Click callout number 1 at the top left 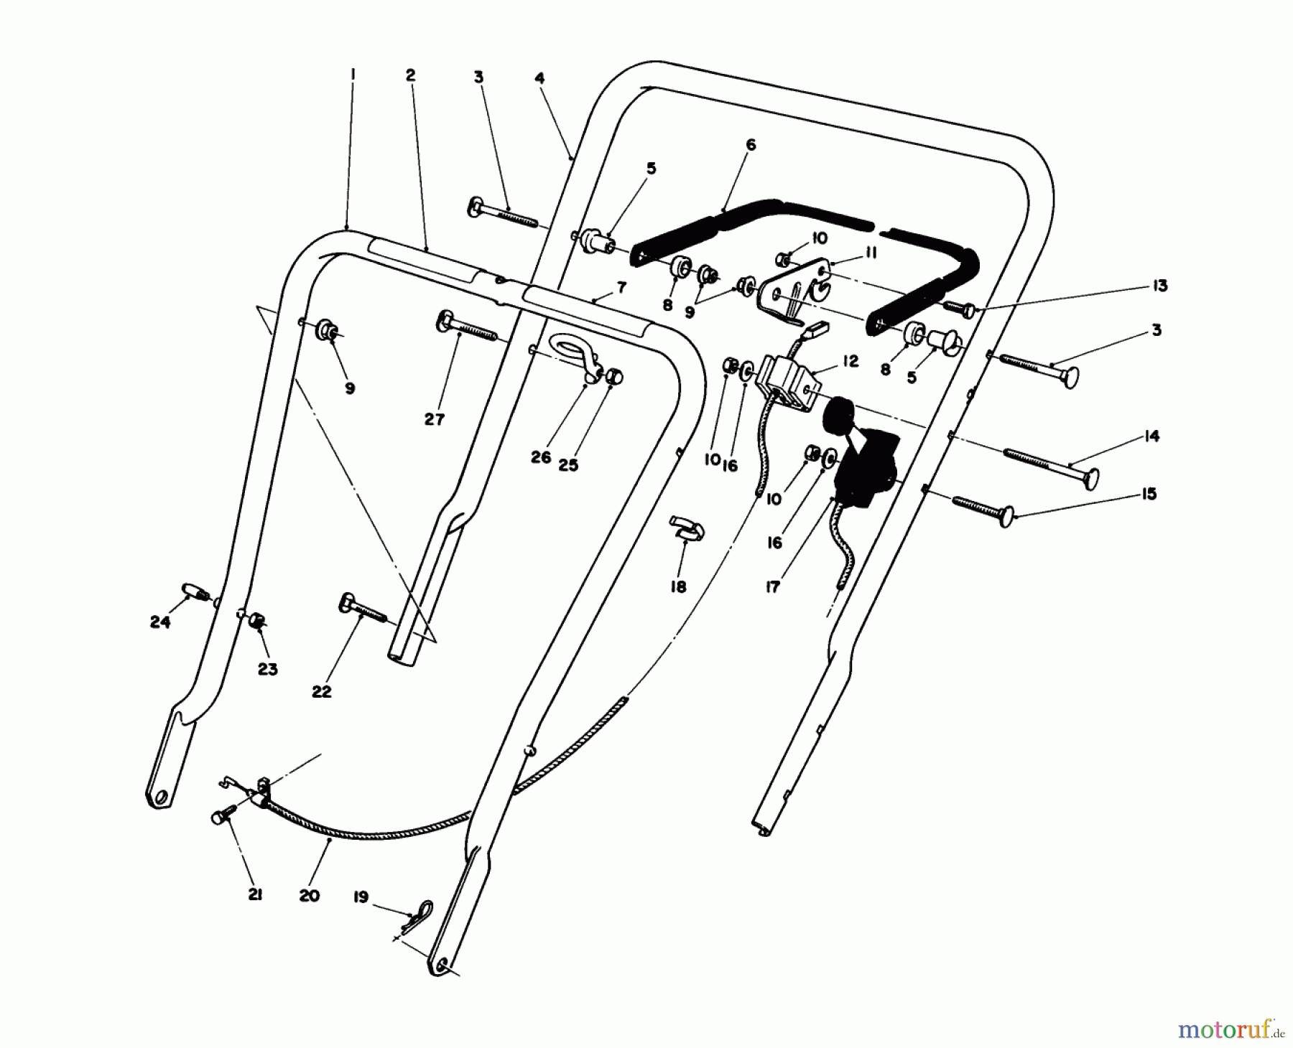(x=353, y=75)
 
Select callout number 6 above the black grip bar (x=751, y=145)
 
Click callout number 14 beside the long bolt (x=1151, y=436)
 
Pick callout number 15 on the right (x=1149, y=494)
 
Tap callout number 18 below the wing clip (x=677, y=586)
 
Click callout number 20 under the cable (x=309, y=896)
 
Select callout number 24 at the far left (x=159, y=622)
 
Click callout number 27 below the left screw (x=434, y=419)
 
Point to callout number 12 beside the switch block (x=851, y=361)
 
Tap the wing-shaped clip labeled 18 (x=687, y=528)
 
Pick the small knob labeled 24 (x=194, y=592)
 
